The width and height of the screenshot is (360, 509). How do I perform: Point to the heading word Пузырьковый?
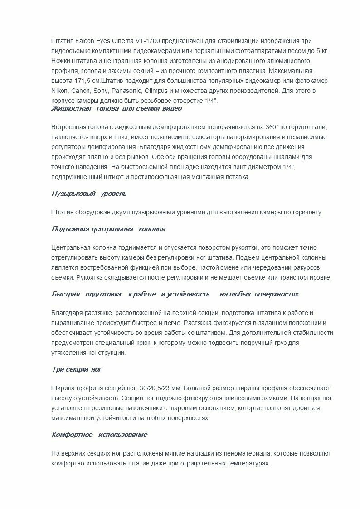click(73, 194)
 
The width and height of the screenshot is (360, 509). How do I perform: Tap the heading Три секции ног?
click(77, 370)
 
